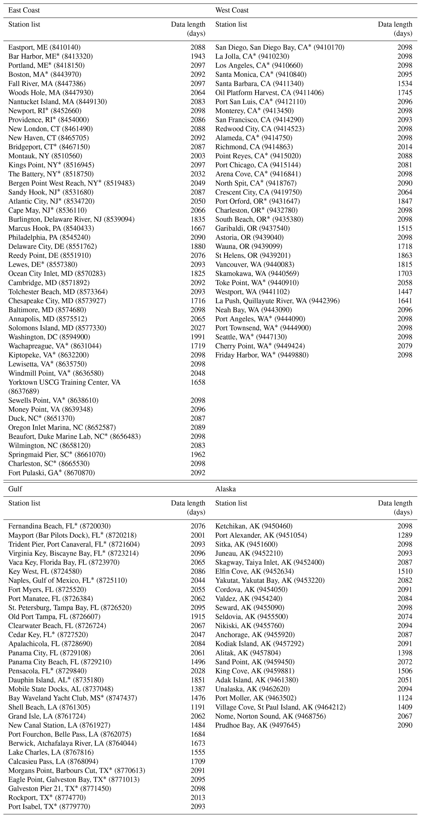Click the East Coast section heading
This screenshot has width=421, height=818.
tap(24, 10)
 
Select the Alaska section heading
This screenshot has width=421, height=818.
tap(225, 489)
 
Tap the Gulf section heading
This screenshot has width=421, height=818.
tap(15, 489)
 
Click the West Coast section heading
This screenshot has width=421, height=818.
tap(232, 10)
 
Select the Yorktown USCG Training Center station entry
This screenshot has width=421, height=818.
tap(64, 387)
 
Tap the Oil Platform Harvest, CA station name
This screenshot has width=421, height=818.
tap(269, 93)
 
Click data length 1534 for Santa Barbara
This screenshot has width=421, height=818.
tap(405, 84)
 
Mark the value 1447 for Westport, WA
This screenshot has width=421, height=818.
tap(405, 292)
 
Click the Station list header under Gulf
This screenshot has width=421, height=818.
tap(24, 503)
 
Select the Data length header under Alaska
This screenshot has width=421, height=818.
tap(395, 508)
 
